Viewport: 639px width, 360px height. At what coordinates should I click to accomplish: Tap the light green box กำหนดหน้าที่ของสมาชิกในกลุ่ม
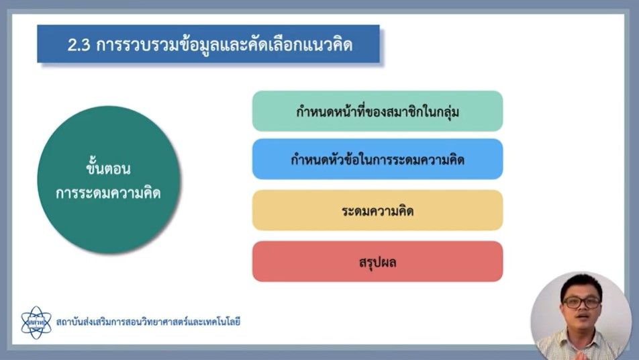pyautogui.click(x=377, y=111)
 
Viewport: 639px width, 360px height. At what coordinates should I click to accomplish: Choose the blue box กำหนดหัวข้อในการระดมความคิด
pyautogui.click(x=377, y=159)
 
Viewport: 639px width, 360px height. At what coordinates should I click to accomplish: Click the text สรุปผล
pyautogui.click(x=377, y=262)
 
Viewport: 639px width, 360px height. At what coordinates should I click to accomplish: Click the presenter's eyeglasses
pyautogui.click(x=581, y=303)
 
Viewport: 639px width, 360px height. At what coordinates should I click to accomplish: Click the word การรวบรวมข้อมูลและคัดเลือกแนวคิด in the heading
pyautogui.click(x=225, y=45)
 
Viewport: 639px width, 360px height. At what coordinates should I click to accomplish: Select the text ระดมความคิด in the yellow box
pyautogui.click(x=377, y=211)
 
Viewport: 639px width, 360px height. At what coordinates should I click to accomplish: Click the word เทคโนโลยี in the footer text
pyautogui.click(x=218, y=322)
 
